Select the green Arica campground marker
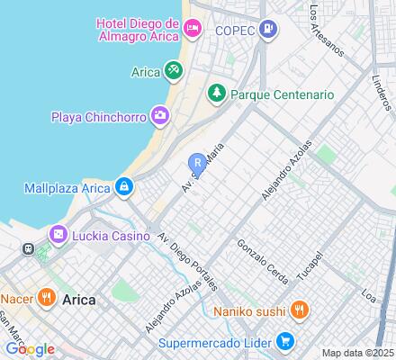click(x=172, y=70)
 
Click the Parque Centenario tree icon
click(x=216, y=94)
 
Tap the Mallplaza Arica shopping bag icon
click(x=123, y=187)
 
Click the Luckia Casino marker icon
click(x=58, y=235)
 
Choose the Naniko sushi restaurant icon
click(x=300, y=312)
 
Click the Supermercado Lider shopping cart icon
click(x=284, y=341)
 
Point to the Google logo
click(x=29, y=349)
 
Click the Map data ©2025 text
click(x=358, y=353)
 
